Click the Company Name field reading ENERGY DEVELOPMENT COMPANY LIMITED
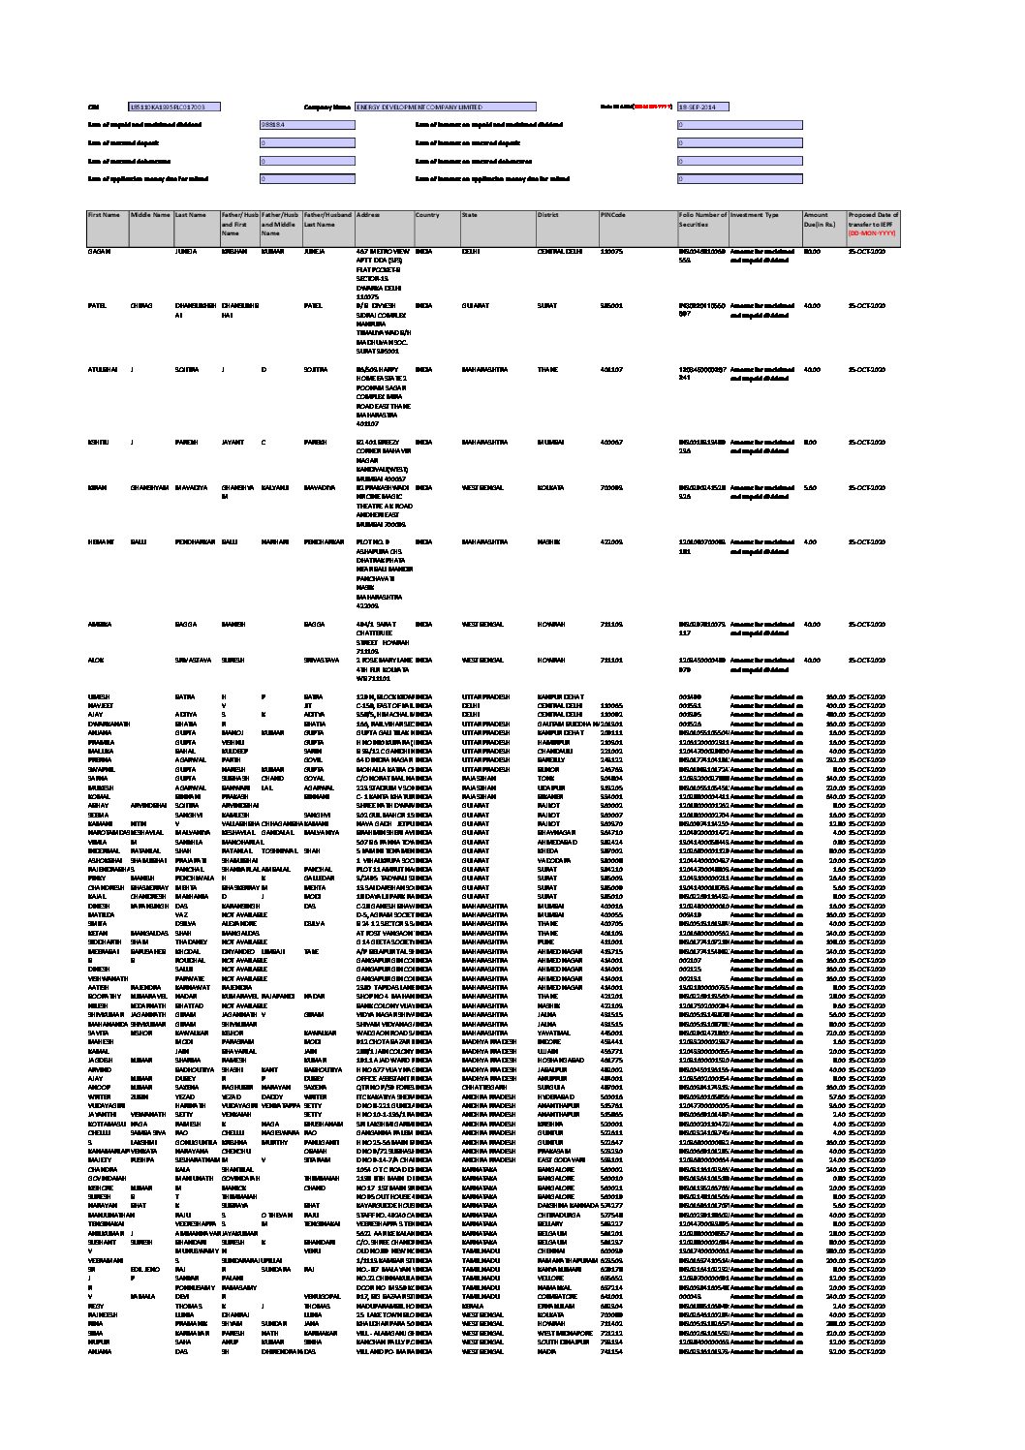(445, 108)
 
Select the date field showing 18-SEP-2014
(702, 108)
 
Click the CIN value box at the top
(175, 108)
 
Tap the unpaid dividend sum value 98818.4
(290, 125)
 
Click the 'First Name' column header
(104, 215)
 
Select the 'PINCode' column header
(613, 215)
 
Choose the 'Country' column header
(428, 215)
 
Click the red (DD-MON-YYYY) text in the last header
(873, 233)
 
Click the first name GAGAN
(99, 251)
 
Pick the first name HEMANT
(100, 542)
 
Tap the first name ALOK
(96, 660)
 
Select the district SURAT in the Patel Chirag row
(548, 305)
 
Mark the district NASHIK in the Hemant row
(549, 542)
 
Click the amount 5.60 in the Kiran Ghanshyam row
(810, 487)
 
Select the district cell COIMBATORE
(557, 1295)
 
